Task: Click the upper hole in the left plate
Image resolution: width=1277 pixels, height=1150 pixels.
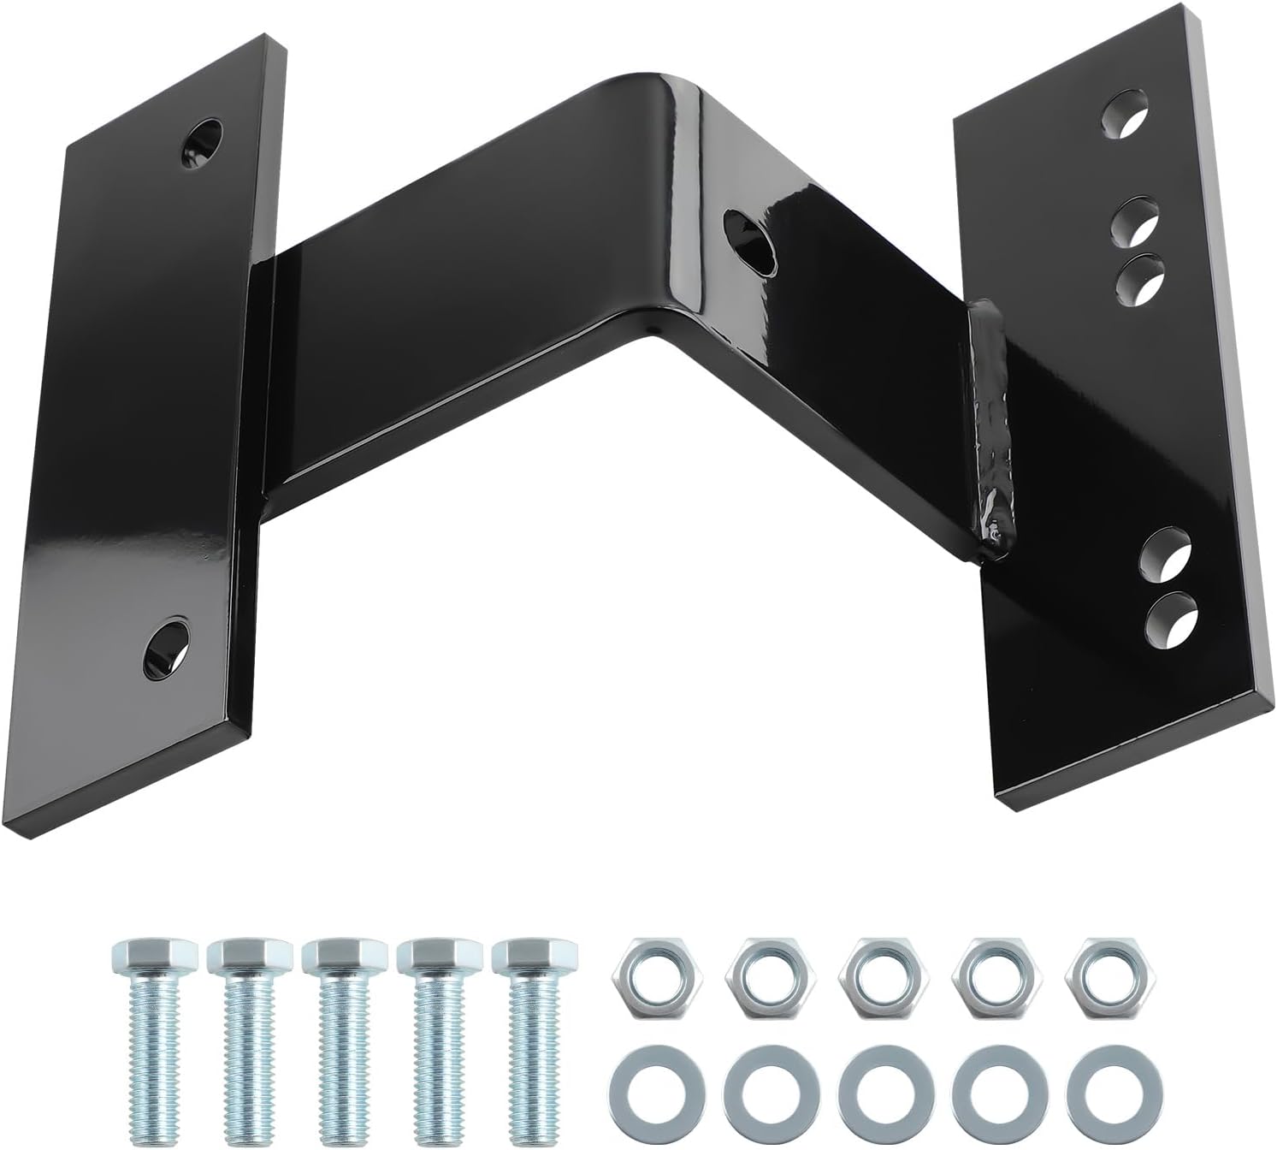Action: [202, 138]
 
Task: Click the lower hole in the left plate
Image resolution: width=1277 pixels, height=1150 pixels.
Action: [168, 643]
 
